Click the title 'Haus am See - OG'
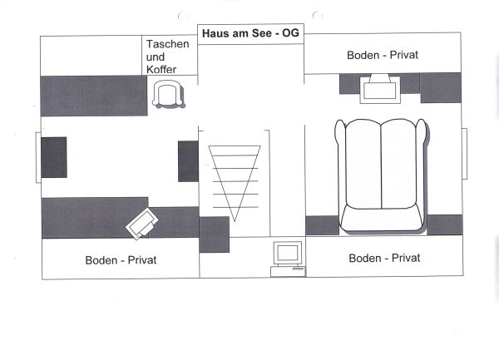(250, 33)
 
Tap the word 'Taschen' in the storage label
(167, 44)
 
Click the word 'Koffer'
(161, 69)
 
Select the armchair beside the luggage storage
(168, 94)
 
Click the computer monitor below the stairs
(288, 254)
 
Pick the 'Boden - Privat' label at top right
(383, 55)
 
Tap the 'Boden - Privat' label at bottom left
(121, 260)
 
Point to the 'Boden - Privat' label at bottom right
(384, 258)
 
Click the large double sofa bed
(381, 176)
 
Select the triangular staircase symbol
(235, 183)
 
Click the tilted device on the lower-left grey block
(142, 224)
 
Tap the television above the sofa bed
(380, 89)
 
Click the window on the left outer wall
(38, 157)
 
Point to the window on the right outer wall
(464, 154)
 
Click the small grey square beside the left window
(54, 157)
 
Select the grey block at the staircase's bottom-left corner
(215, 234)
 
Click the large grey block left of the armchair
(94, 96)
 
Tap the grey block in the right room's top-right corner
(441, 88)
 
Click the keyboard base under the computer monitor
(288, 271)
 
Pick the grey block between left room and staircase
(188, 161)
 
